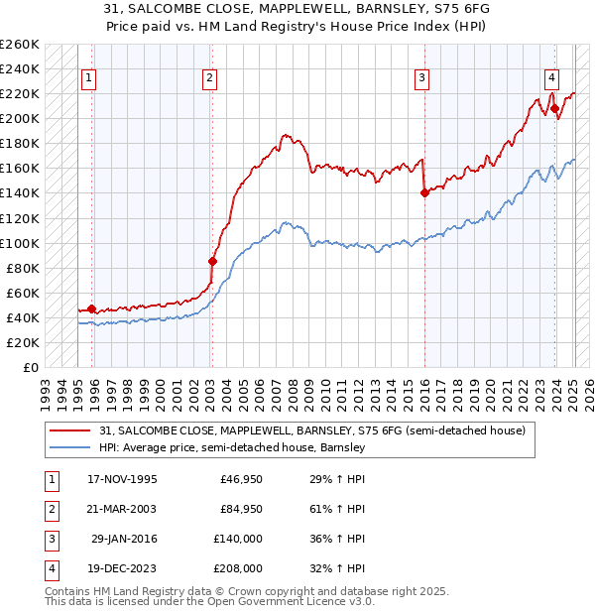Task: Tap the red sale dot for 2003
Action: [x=212, y=262]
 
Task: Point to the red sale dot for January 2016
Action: [x=424, y=193]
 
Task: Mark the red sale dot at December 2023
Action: [x=554, y=109]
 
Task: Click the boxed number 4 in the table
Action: [x=49, y=569]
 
